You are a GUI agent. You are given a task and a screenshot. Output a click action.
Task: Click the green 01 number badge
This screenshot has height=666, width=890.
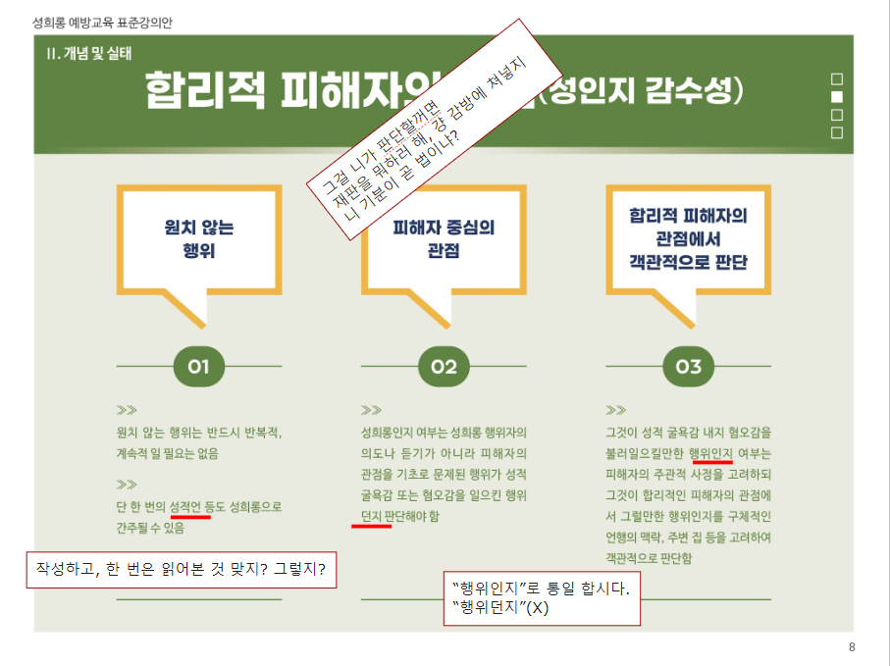coord(199,367)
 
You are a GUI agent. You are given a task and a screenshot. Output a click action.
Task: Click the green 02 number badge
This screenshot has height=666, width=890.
coord(445,367)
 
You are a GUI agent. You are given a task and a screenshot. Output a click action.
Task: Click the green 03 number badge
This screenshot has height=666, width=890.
coord(689,367)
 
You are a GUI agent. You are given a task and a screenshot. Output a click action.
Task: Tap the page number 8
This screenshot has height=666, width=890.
coord(852,647)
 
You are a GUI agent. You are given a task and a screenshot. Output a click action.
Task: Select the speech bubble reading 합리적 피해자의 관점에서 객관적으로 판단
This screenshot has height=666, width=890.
coord(688,238)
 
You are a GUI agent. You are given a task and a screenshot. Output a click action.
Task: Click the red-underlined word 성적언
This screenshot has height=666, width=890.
coord(184,507)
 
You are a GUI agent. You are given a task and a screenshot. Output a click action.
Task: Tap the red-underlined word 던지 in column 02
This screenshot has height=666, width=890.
coord(371,515)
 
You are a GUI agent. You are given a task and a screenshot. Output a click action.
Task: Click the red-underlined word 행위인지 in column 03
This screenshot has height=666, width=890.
coord(711,453)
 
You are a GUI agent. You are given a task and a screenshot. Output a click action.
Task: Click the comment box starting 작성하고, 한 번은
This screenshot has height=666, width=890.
coord(181,569)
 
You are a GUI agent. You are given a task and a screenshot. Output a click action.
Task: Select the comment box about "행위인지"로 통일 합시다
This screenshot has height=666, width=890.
coord(542,597)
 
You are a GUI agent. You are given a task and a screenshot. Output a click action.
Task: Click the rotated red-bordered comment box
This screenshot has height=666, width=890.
coord(428,128)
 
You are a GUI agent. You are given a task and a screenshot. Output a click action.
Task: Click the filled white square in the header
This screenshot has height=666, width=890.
coord(837,97)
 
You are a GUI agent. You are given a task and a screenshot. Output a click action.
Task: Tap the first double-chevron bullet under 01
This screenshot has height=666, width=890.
coord(126,410)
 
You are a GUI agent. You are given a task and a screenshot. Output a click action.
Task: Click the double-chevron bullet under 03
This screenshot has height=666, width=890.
coord(615,410)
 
